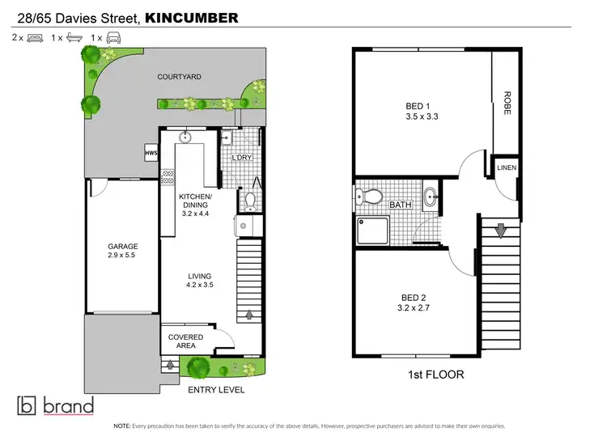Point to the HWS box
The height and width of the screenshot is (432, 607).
(x=151, y=152)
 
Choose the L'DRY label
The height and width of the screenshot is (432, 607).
(x=241, y=159)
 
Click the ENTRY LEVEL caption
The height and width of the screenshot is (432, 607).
(x=216, y=390)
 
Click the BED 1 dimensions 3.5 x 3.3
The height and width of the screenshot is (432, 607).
(x=422, y=116)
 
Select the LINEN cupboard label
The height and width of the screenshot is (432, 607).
(x=507, y=167)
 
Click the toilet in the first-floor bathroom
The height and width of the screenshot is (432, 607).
(x=372, y=197)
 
